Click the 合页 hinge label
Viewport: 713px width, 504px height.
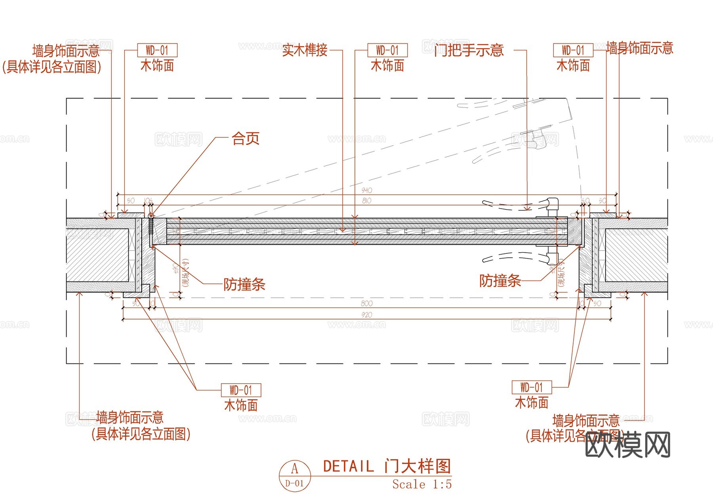point(246,139)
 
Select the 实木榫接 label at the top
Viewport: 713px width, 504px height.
point(305,50)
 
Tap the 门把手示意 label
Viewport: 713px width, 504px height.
point(469,50)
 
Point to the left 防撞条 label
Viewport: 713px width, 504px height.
point(244,284)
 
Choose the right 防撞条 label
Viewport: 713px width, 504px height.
point(500,281)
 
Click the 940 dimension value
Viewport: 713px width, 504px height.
point(367,190)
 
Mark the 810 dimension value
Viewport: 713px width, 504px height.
point(367,201)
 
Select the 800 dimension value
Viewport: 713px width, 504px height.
point(367,303)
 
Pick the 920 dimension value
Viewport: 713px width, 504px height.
point(367,315)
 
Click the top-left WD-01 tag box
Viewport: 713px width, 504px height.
point(157,50)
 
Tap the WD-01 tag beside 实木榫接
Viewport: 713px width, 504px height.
point(387,50)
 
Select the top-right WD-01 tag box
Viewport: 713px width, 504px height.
point(573,50)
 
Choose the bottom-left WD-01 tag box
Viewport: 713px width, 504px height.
point(241,390)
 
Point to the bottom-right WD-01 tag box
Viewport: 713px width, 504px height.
point(532,387)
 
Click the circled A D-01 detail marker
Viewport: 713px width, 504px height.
point(295,475)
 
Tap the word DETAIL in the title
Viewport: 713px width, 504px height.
point(348,466)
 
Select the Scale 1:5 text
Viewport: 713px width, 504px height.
point(422,484)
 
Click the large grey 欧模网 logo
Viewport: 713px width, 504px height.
point(627,445)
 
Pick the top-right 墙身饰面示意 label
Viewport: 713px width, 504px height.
point(640,48)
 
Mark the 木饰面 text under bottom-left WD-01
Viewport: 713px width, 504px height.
point(241,405)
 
